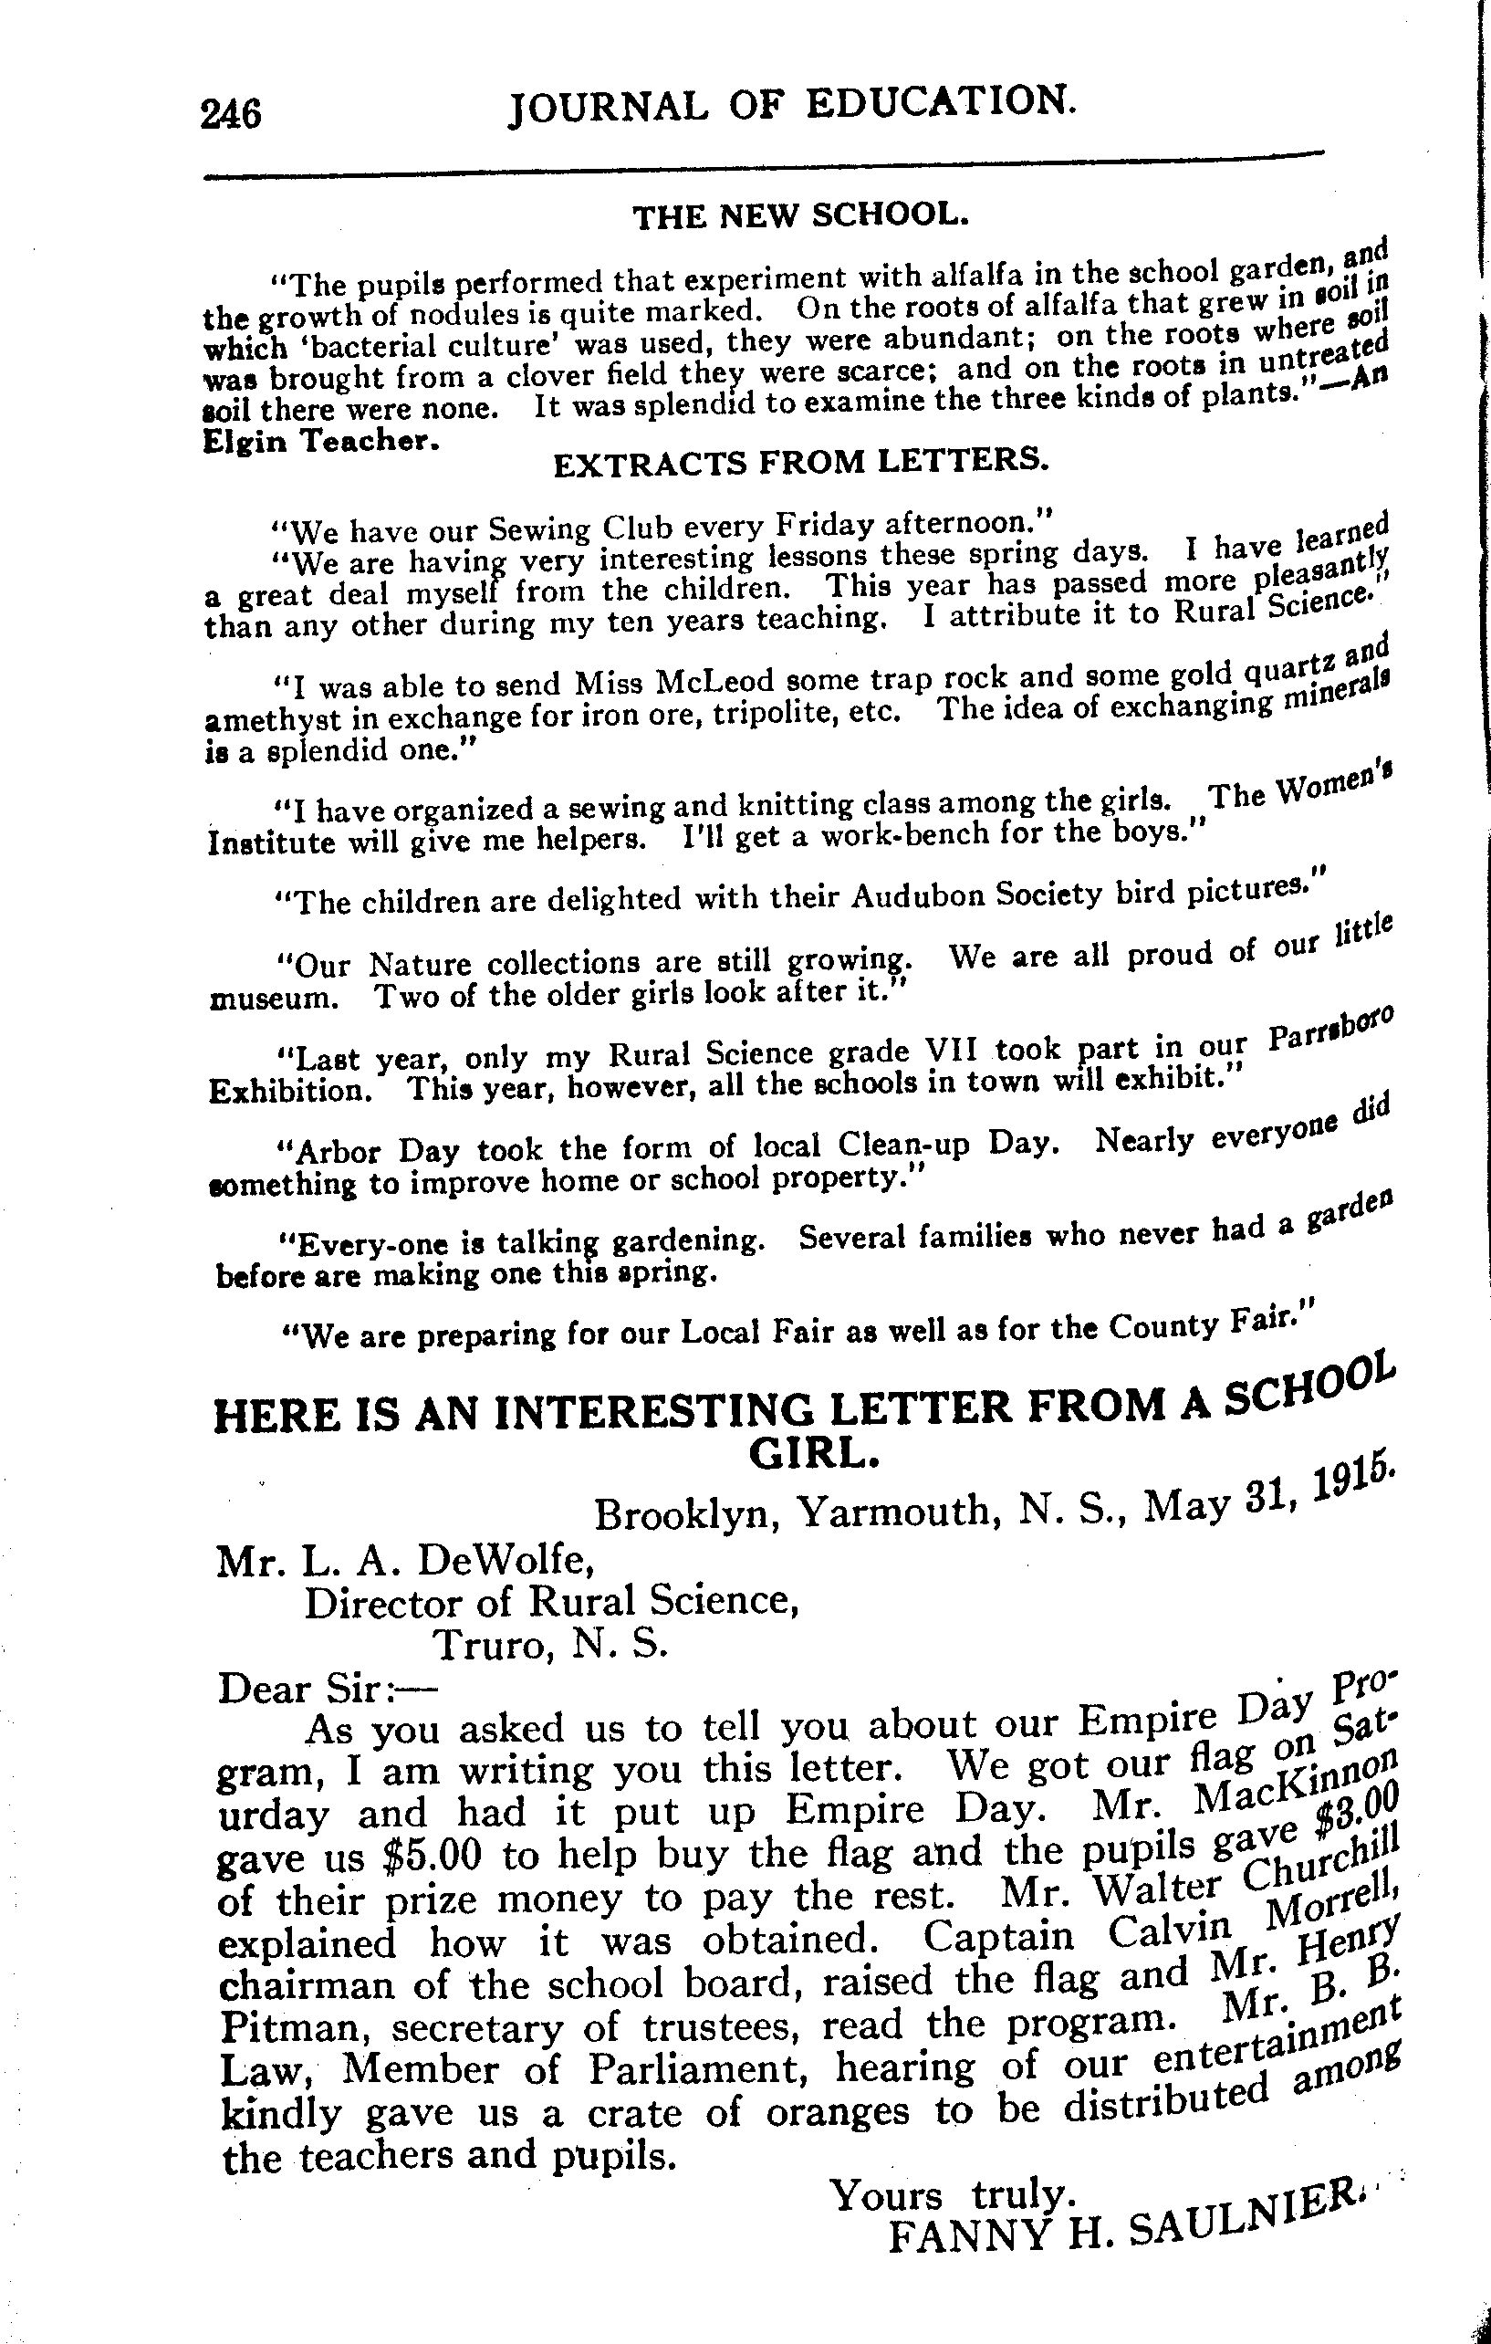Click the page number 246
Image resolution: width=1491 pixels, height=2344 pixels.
pos(231,114)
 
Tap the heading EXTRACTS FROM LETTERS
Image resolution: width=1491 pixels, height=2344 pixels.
pos(801,461)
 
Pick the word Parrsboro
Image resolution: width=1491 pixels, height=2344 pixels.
pos(1333,1029)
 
